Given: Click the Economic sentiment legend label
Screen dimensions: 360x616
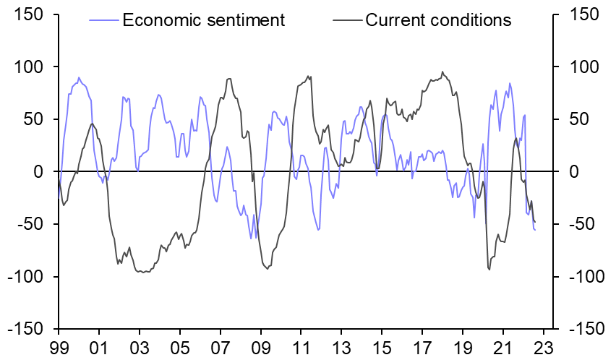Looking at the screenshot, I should click(x=204, y=20).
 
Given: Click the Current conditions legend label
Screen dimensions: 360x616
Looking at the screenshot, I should click(x=438, y=20).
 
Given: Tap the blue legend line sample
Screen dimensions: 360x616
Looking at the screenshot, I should click(x=104, y=20).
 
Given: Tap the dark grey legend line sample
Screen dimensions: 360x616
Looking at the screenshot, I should click(x=347, y=20).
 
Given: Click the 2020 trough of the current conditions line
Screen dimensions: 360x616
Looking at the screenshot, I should click(x=489, y=270).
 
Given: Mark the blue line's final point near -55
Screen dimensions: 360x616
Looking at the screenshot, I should click(x=535, y=230).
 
